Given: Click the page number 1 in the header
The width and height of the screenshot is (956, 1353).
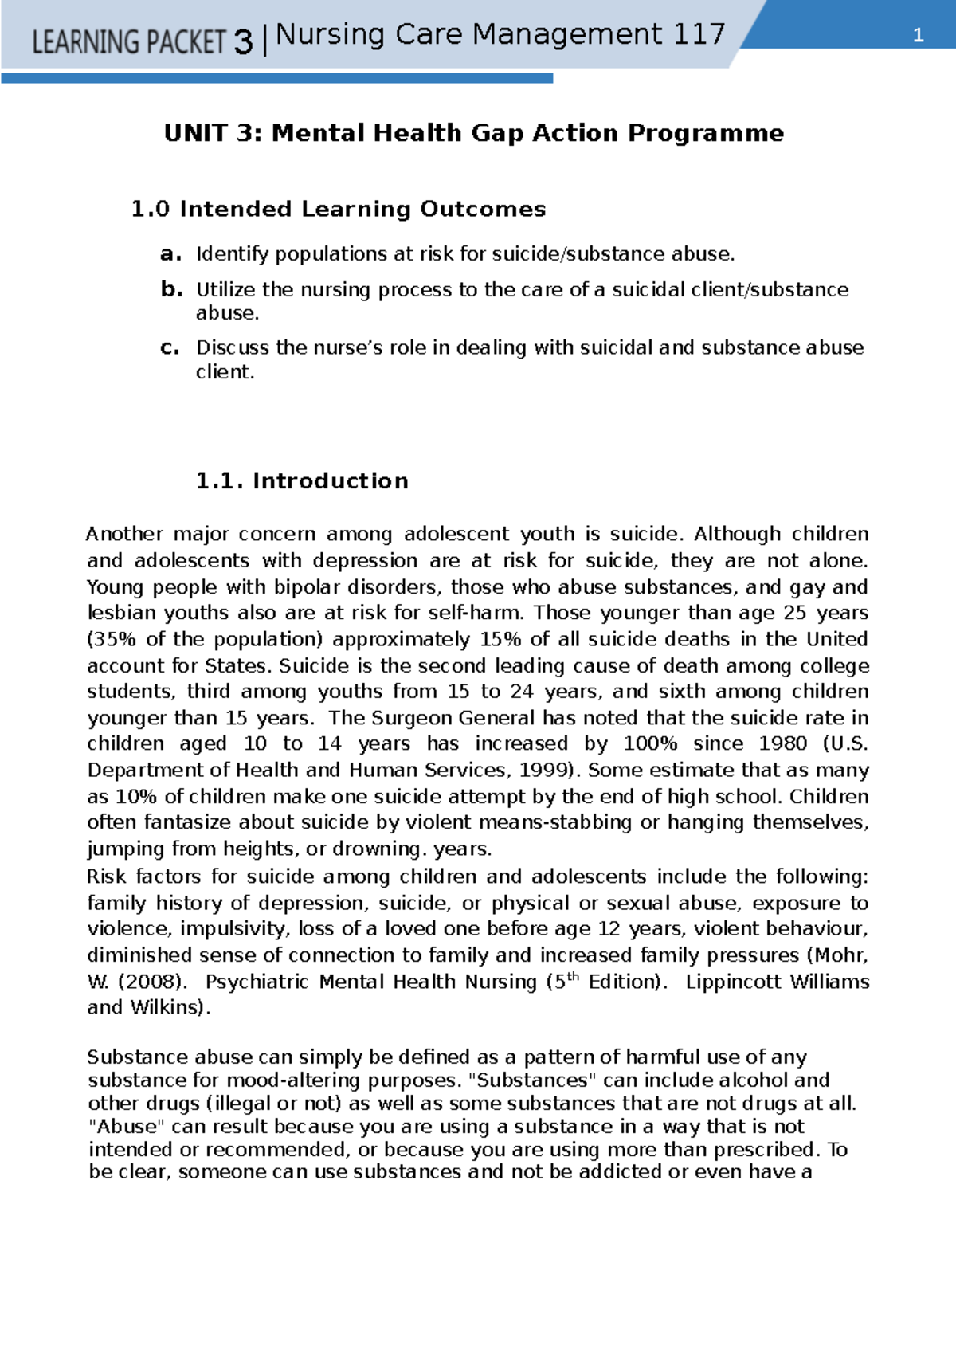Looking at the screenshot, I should coord(918,35).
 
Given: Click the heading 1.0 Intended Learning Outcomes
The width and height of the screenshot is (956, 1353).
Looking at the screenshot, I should coord(338,209).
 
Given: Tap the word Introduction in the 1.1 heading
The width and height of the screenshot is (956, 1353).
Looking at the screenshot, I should coord(330,480).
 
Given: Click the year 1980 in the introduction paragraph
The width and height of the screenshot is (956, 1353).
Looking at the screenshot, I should coord(782,743).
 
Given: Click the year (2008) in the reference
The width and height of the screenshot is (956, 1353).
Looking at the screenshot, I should coord(153,982).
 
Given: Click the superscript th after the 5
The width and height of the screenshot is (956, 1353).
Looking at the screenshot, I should coord(572,976).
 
